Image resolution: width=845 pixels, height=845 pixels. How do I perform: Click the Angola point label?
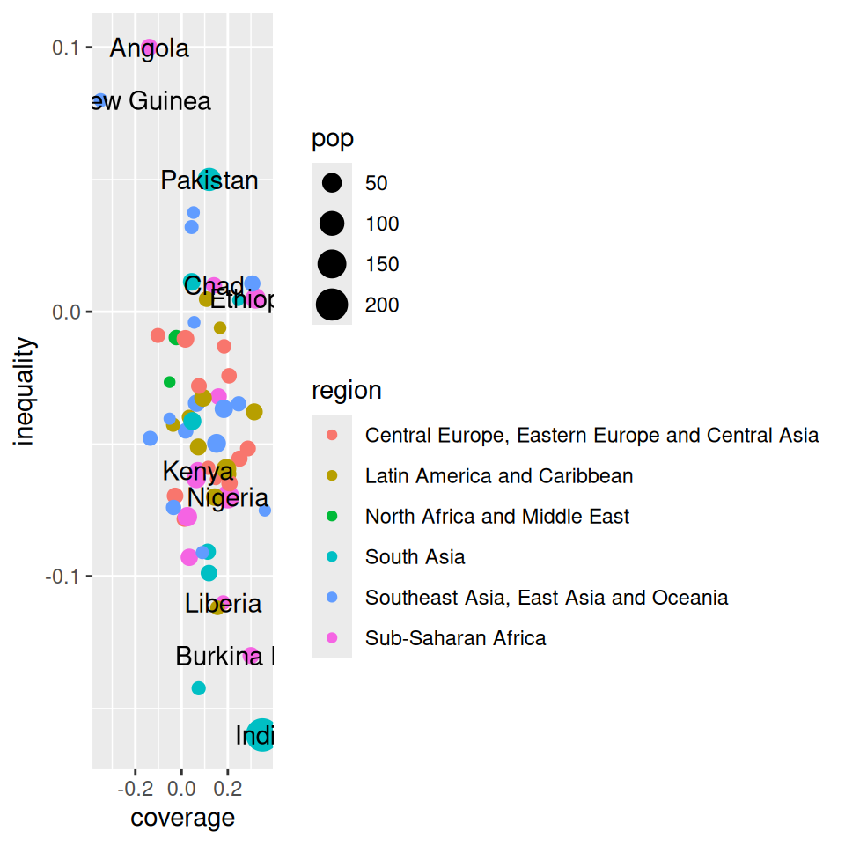[x=149, y=48]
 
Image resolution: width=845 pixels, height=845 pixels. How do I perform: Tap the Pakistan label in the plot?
[x=209, y=181]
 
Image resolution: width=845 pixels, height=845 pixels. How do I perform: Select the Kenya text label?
[x=198, y=472]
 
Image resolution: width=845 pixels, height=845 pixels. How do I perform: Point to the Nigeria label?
[x=228, y=498]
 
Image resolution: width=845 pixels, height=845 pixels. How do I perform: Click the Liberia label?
[x=224, y=604]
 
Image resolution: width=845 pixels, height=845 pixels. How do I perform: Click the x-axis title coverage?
[x=183, y=818]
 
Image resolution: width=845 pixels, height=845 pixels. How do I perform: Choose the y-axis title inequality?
[x=26, y=392]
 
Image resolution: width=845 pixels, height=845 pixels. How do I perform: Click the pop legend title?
[x=333, y=139]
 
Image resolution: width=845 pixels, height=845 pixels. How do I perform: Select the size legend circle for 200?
[x=332, y=305]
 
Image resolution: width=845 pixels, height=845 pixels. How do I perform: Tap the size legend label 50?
[x=377, y=184]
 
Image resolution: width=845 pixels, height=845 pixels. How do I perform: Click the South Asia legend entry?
[x=415, y=557]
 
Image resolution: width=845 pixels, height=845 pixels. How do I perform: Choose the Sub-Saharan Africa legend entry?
[x=455, y=638]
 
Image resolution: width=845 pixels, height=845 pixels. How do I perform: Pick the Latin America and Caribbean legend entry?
[x=498, y=476]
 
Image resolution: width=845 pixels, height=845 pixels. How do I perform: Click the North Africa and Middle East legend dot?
[x=332, y=517]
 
